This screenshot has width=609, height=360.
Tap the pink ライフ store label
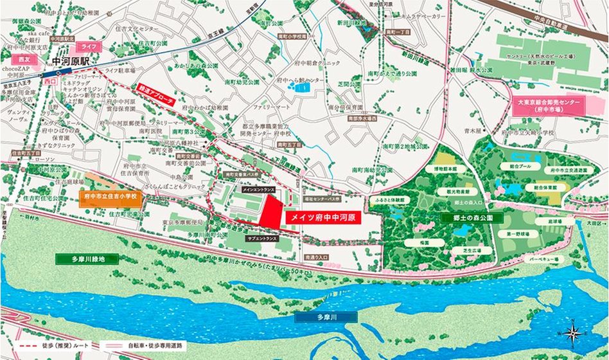pyautogui.click(x=85, y=46)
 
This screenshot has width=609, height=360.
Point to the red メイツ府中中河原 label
pyautogui.click(x=322, y=218)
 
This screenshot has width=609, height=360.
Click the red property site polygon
pyautogui.click(x=270, y=212)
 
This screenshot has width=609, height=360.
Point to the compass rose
pyautogui.click(x=576, y=333)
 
